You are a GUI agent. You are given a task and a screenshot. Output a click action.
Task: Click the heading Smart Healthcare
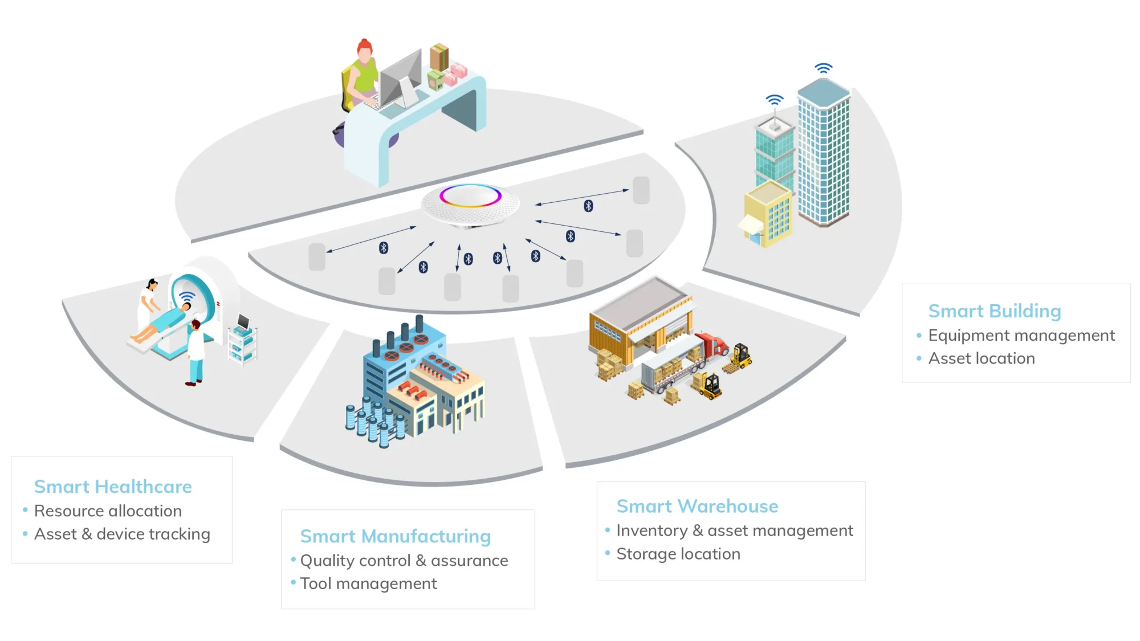pyautogui.click(x=113, y=487)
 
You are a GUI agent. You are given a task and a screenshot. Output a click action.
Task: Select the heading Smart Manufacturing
pyautogui.click(x=395, y=536)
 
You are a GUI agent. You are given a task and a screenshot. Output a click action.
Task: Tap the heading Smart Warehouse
pyautogui.click(x=697, y=506)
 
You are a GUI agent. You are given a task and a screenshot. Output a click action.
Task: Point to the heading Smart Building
pyautogui.click(x=995, y=311)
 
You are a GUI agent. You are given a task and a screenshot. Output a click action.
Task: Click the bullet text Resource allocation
pyautogui.click(x=108, y=511)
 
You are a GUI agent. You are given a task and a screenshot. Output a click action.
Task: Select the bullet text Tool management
pyautogui.click(x=368, y=583)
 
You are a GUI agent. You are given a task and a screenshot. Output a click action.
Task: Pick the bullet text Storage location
pyautogui.click(x=678, y=554)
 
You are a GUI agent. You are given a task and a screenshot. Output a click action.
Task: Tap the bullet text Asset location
pyautogui.click(x=981, y=358)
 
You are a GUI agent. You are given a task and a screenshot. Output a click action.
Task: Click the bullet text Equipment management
pyautogui.click(x=1021, y=335)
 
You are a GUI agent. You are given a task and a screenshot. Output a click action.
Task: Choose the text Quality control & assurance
pyautogui.click(x=404, y=561)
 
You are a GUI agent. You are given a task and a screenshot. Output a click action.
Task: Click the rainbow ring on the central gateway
pyautogui.click(x=470, y=195)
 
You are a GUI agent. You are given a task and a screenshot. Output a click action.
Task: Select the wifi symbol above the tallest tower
pyautogui.click(x=823, y=68)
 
